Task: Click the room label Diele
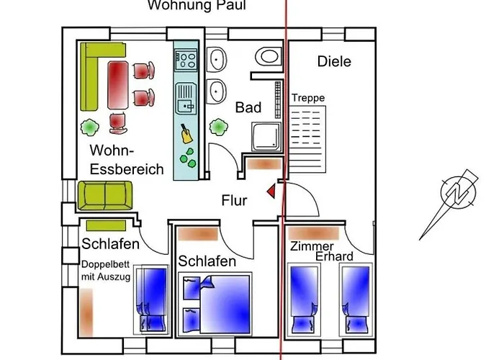[x=334, y=62]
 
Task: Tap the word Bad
[x=248, y=108]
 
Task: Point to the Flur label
[x=235, y=199]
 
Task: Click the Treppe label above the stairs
[x=308, y=98]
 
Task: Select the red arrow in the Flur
[x=271, y=191]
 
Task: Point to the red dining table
[x=117, y=83]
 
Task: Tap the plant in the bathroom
[x=217, y=128]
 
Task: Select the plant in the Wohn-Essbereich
[x=90, y=127]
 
